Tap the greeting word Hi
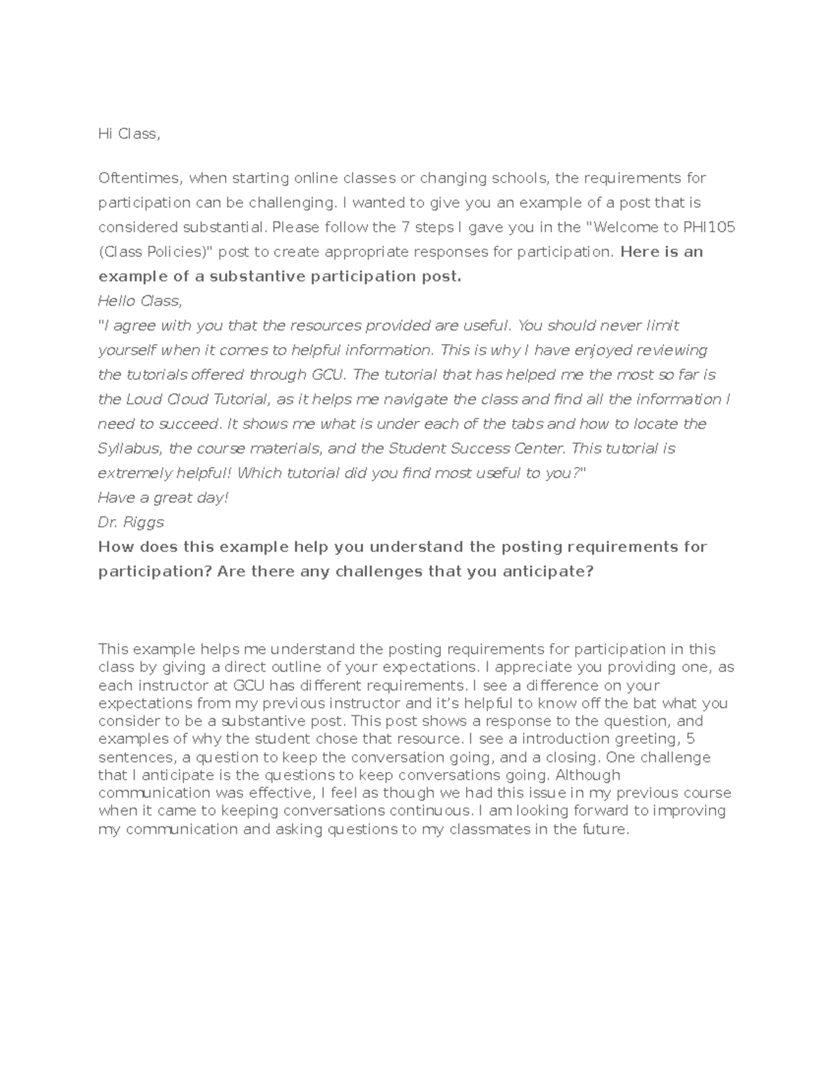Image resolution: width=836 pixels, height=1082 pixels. coord(105,134)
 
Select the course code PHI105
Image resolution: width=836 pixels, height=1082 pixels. coord(711,227)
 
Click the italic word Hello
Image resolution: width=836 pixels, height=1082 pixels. coord(117,301)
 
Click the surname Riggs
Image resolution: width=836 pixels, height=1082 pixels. coord(144,522)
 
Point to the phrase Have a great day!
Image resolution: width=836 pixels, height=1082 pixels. coord(163,497)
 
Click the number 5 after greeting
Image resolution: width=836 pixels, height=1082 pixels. coord(690,739)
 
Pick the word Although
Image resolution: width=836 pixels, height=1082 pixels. coord(588,775)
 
